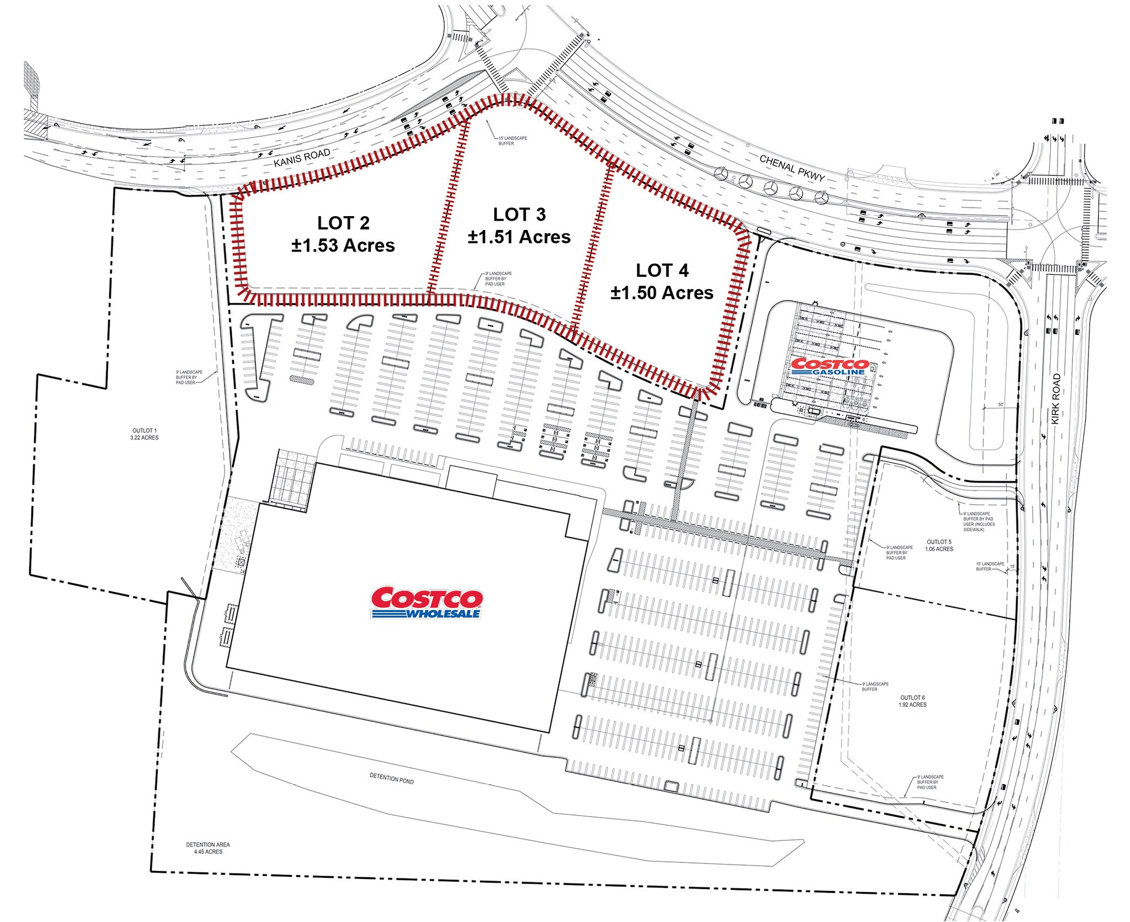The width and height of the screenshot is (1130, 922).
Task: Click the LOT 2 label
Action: coord(343,223)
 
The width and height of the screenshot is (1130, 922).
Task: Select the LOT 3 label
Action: coord(519,214)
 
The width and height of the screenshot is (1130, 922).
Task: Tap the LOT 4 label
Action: coord(662,270)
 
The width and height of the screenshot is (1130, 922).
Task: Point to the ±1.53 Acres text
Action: coord(343,245)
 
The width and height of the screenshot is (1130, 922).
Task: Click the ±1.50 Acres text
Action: coord(662,293)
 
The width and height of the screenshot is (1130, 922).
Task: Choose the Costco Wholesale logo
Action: coord(427,602)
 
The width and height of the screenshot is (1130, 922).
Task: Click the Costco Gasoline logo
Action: coord(829,367)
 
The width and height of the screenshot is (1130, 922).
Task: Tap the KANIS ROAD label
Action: coord(302,157)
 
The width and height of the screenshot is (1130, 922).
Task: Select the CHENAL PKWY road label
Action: coord(791,168)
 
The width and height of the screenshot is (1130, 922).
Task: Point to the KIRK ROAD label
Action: coord(1056,399)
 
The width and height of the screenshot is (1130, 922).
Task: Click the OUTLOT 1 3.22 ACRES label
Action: coord(145,434)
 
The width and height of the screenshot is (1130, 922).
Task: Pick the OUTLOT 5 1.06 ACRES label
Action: coord(939,545)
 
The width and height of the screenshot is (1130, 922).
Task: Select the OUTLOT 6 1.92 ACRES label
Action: coord(913,701)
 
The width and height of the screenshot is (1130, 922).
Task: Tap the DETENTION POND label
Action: coord(391,779)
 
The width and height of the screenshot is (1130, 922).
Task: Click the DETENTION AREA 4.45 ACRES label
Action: coord(207,848)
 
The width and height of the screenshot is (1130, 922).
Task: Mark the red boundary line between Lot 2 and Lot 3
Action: coord(448,210)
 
